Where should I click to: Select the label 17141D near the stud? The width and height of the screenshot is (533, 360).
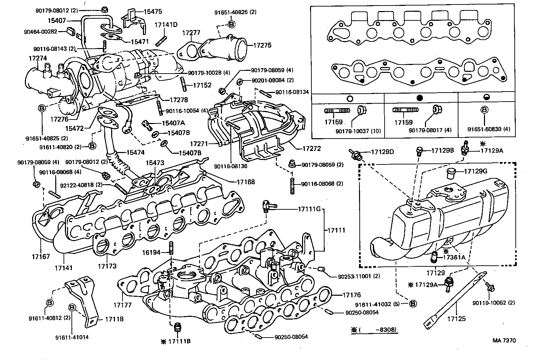click(x=166, y=25)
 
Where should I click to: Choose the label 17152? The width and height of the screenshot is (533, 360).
click(x=202, y=85)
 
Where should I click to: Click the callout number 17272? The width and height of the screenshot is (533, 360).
click(x=311, y=149)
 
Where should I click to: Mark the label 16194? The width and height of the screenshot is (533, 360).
click(x=151, y=253)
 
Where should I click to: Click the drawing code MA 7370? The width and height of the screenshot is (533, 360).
click(x=504, y=340)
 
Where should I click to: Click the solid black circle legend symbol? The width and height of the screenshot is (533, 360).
click(x=420, y=98)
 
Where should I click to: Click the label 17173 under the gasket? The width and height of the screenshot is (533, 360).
click(x=107, y=266)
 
